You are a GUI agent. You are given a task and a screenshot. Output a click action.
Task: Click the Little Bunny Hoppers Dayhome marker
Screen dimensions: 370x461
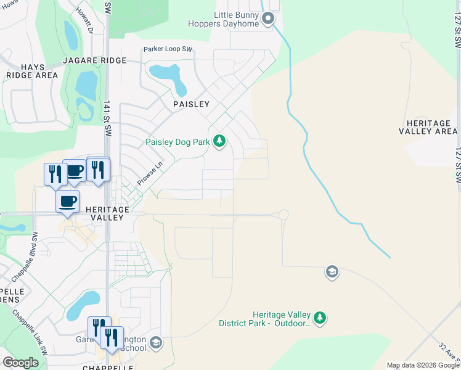[267, 19]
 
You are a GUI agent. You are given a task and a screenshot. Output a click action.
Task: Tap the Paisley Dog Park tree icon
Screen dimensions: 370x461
[219, 142]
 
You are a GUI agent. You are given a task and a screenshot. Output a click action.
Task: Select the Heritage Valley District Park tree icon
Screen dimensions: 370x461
[319, 318]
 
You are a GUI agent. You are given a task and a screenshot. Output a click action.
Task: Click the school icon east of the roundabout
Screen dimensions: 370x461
[332, 272]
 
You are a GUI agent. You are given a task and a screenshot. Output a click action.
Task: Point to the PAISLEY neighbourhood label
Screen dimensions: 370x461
[191, 104]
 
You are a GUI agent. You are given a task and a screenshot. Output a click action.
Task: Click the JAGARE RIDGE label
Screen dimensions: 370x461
[94, 60]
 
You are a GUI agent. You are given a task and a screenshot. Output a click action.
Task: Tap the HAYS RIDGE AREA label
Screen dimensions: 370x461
[31, 70]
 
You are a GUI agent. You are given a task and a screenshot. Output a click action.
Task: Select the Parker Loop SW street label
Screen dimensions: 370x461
[168, 49]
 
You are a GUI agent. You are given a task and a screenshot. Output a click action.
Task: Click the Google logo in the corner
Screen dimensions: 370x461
[20, 362]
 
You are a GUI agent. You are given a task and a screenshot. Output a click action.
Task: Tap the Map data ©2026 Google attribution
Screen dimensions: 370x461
[423, 365]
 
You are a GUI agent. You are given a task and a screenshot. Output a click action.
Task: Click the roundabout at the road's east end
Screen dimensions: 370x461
[284, 215]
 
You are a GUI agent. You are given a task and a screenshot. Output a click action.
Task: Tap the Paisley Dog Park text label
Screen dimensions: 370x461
[177, 142]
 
